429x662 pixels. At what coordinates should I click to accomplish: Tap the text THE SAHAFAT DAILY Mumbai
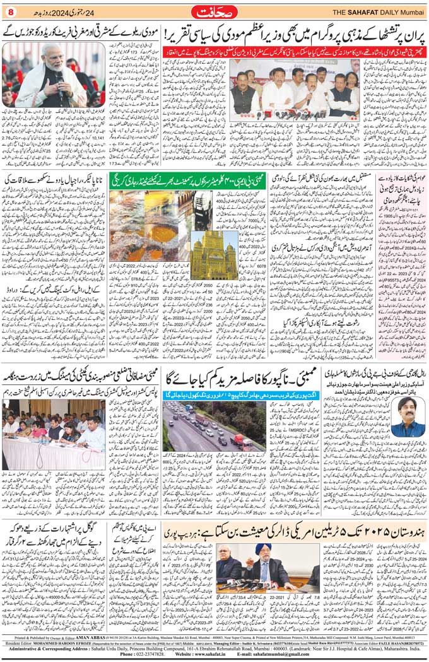click(x=379, y=11)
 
